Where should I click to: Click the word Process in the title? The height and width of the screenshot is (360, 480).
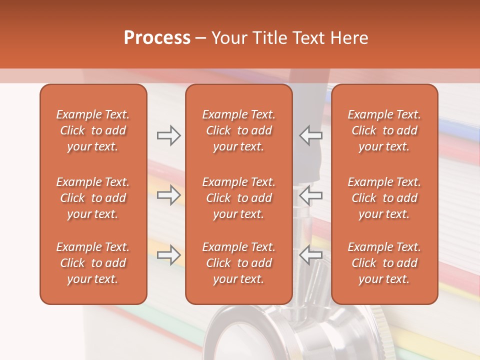coord(157,38)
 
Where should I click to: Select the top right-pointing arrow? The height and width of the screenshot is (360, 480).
coord(168,135)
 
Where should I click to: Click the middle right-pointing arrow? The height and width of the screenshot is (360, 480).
coord(168,195)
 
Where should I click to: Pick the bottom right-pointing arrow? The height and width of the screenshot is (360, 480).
coord(168,255)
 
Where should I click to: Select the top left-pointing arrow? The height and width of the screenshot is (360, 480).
coord(310,135)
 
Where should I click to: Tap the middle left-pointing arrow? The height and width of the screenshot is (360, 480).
coord(310,195)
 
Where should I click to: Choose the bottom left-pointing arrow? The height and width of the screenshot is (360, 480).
coord(310,255)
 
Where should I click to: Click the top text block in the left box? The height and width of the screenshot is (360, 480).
coord(93,130)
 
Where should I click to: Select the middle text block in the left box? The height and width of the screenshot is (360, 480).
coord(93,198)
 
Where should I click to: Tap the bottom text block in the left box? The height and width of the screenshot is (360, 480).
coord(93,263)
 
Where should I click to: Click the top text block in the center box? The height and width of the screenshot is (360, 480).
coord(238,130)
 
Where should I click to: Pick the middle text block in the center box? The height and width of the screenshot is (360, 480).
coord(238,198)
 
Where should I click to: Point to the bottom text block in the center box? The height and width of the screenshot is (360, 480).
coord(238,263)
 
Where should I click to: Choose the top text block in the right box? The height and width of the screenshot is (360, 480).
coord(384,130)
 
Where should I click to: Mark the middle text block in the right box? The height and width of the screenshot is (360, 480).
coord(384,198)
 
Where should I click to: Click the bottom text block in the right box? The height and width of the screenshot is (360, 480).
coord(384,263)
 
